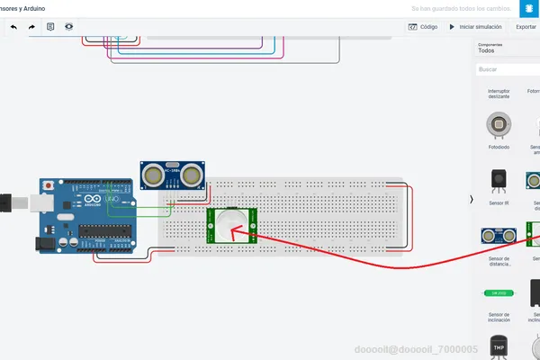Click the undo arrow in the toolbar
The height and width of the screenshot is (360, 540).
(13, 27)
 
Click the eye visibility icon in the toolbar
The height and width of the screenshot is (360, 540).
(69, 27)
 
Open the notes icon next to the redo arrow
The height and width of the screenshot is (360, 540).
(50, 27)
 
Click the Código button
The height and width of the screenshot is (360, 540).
(423, 27)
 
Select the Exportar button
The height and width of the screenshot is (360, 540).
(526, 27)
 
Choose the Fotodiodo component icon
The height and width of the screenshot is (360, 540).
(498, 123)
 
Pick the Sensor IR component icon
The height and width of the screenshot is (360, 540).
(498, 180)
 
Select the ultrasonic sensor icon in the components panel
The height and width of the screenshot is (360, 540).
(498, 236)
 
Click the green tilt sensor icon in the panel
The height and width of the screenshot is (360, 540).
(498, 293)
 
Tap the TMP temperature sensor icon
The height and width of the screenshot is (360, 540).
(498, 346)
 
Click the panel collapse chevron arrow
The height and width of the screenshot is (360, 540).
(472, 199)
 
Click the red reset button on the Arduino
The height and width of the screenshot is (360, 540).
(47, 184)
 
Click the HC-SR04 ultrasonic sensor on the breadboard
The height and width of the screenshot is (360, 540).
(173, 174)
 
